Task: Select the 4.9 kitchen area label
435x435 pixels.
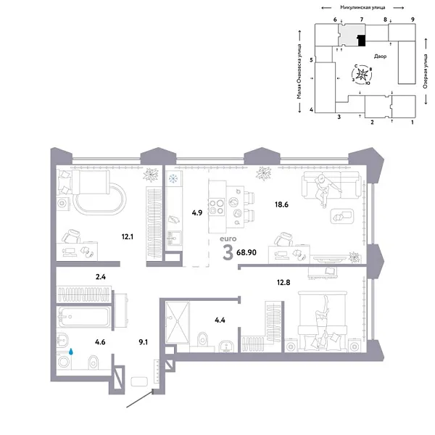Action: pos(196,213)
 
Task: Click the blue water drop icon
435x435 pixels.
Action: pos(71,351)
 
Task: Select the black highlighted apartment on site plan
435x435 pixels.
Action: pos(360,40)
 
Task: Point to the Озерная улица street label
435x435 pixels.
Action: pos(425,73)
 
